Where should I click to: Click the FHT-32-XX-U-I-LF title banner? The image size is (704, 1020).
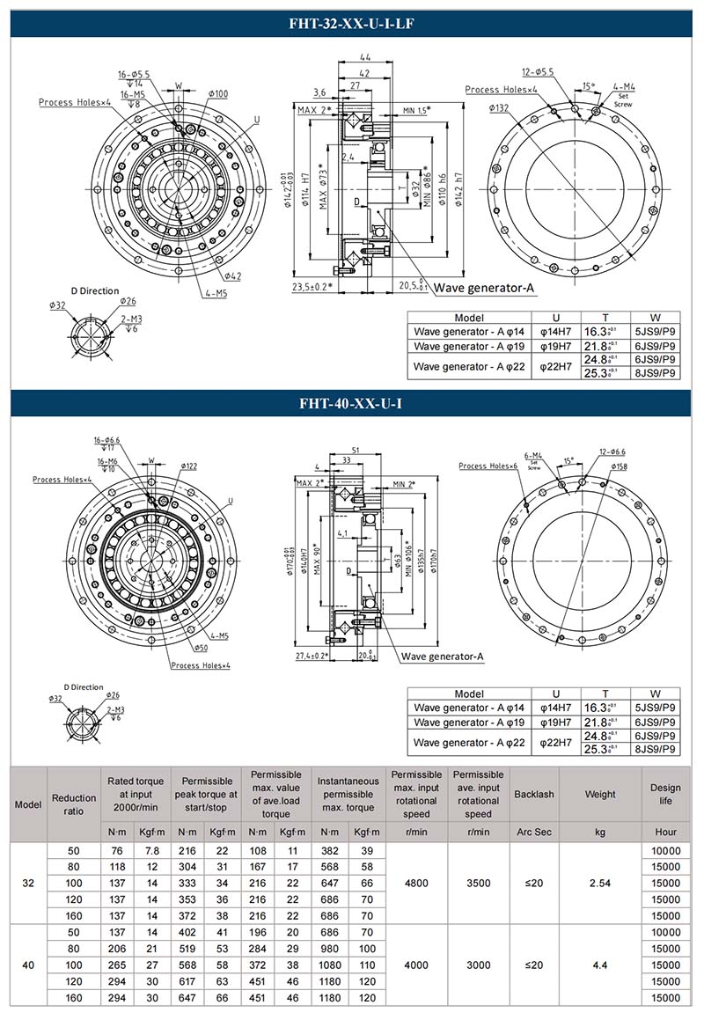click(x=351, y=24)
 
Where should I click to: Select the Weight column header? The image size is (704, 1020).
click(x=600, y=794)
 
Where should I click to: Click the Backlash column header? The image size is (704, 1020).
click(x=534, y=794)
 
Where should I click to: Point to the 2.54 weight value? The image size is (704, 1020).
click(x=600, y=883)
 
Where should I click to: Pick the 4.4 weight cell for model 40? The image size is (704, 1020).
click(x=600, y=965)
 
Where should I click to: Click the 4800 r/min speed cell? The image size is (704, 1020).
click(x=416, y=883)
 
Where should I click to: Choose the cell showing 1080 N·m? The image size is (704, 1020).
click(x=329, y=965)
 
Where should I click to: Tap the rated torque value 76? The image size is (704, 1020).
click(x=116, y=850)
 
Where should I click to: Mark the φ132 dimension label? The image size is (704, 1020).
click(x=500, y=107)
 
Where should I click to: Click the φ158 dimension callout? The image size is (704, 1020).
click(x=619, y=466)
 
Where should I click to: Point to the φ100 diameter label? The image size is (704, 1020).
click(x=218, y=94)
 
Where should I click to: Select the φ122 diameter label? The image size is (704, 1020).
click(x=189, y=465)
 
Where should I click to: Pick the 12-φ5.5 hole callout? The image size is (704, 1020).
click(x=538, y=71)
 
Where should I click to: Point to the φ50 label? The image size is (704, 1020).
click(x=204, y=648)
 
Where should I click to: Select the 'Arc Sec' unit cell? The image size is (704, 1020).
click(x=534, y=832)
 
